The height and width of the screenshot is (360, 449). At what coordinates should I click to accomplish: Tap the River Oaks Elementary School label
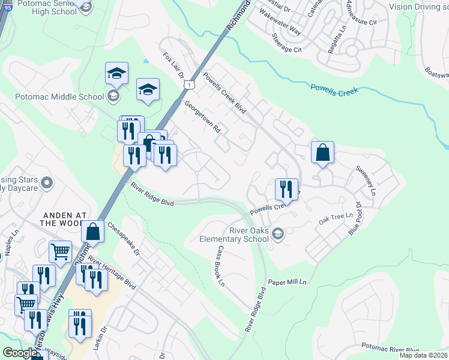pos(234,235)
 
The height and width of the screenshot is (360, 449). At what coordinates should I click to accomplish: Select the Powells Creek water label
pos(334,90)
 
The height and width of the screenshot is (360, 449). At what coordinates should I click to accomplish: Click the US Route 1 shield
pos(189,86)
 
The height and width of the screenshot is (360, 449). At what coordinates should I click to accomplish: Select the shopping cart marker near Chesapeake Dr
pos(60,253)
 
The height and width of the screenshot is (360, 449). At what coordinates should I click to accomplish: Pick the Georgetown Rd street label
pos(203,116)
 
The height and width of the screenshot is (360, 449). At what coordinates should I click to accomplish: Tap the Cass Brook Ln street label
pos(221,265)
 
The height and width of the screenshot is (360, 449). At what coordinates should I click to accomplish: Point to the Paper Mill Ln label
pos(287,282)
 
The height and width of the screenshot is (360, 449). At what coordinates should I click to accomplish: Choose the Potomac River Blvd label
pos(390,349)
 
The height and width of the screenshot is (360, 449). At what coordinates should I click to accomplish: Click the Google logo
pos(20,353)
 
